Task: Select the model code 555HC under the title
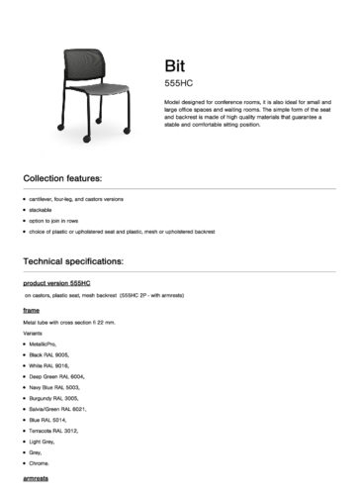coord(177,84)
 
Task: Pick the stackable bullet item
coord(41,211)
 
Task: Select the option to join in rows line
coord(53,221)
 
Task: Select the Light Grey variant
coord(43,442)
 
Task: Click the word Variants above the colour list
coord(33,333)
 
